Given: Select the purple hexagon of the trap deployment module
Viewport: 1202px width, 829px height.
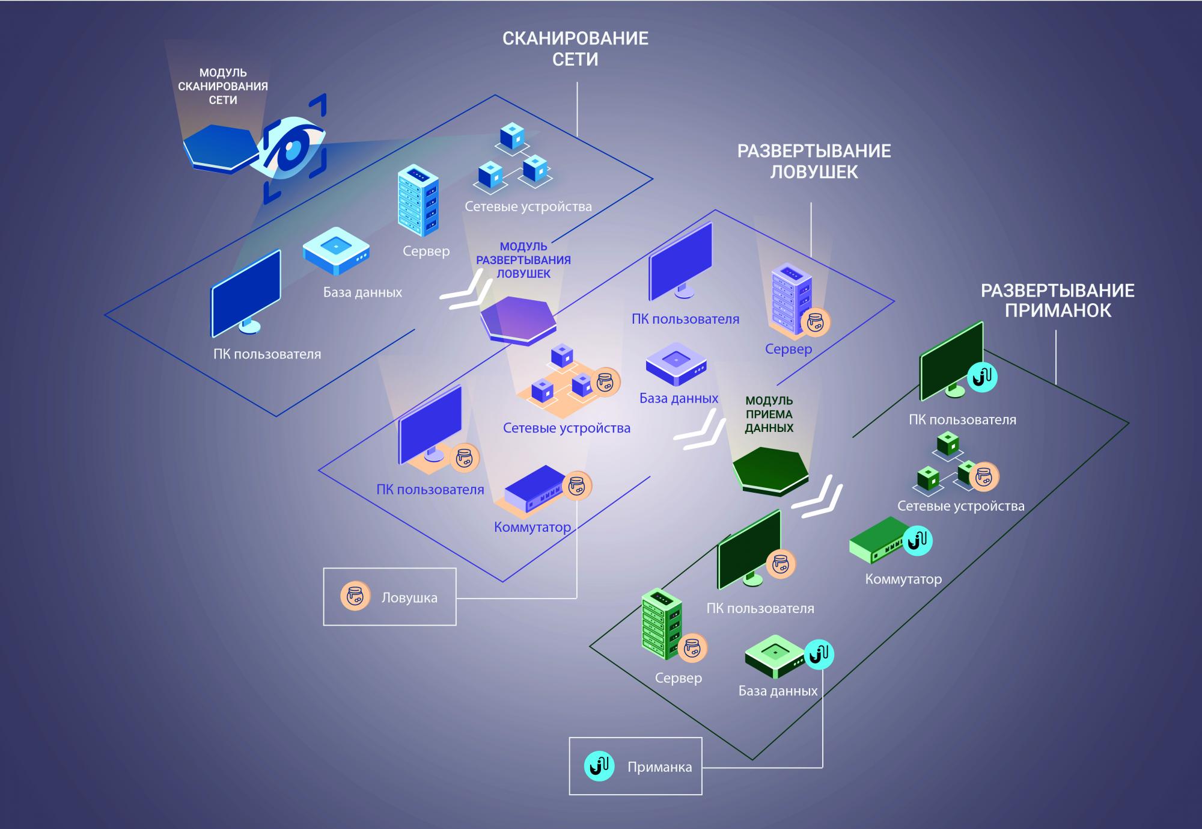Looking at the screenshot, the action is tap(518, 321).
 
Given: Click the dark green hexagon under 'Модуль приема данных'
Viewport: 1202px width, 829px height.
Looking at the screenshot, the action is tap(771, 471).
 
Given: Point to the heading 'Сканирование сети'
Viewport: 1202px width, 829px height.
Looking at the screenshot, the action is tap(575, 49).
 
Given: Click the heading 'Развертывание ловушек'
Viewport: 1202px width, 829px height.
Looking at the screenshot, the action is tap(814, 161).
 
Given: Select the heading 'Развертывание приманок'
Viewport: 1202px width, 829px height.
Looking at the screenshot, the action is tap(1058, 300).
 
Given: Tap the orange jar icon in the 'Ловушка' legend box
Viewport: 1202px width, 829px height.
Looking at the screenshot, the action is tap(355, 596).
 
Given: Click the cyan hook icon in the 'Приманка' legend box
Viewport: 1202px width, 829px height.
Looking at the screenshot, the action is tap(599, 766).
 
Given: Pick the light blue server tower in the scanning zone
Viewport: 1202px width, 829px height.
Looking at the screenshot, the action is tap(418, 200).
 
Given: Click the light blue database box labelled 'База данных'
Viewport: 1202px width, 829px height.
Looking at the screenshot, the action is tap(336, 251).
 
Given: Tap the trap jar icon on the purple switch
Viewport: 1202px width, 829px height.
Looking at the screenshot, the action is tap(577, 485).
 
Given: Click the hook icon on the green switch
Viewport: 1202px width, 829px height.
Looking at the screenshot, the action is tap(917, 540).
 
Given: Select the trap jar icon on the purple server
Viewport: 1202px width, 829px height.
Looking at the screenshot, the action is tap(815, 322).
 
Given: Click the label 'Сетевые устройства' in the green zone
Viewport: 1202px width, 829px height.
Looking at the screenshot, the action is tap(960, 506).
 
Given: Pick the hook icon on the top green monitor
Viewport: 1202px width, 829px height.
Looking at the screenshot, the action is tap(983, 377).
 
